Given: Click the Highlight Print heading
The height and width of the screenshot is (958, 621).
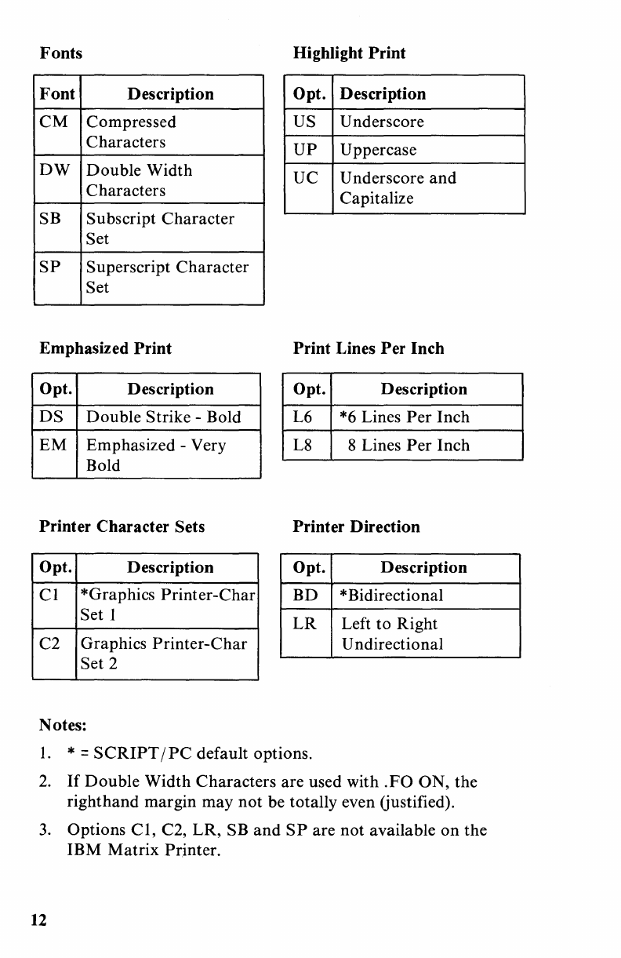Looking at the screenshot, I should point(349,53).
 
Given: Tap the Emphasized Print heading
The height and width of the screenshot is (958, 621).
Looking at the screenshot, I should point(105,348).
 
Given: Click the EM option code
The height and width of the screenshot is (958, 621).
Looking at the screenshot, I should point(53,446).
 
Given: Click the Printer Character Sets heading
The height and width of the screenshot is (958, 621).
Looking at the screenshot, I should point(122,526).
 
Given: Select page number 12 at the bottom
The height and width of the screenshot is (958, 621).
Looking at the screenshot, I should point(38,920).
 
